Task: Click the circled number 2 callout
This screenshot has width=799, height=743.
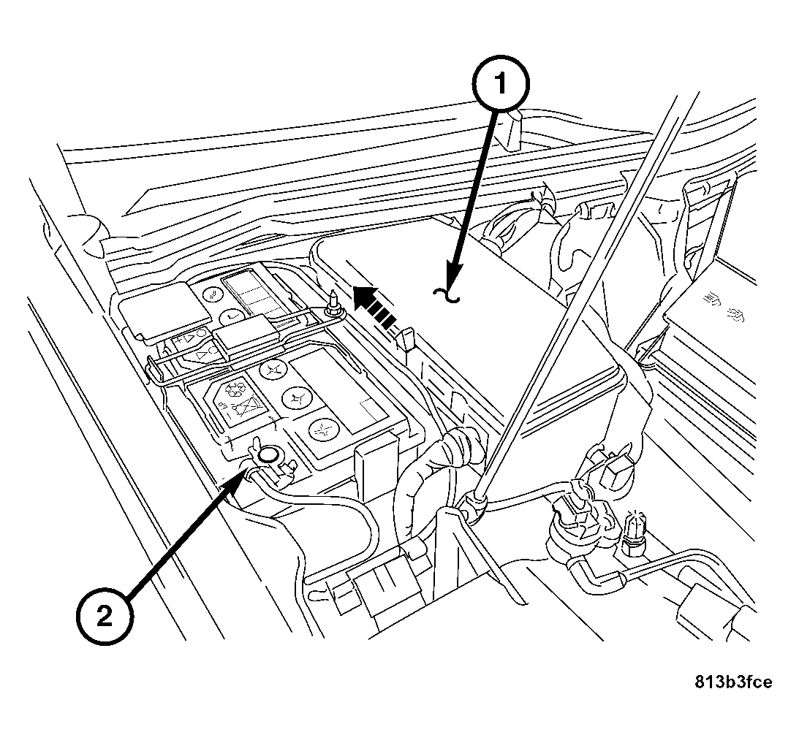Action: [x=105, y=617]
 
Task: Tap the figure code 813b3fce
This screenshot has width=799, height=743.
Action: [x=732, y=682]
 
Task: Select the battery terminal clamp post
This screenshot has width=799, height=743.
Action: [x=268, y=456]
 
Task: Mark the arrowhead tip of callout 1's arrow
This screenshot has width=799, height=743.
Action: [x=454, y=281]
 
